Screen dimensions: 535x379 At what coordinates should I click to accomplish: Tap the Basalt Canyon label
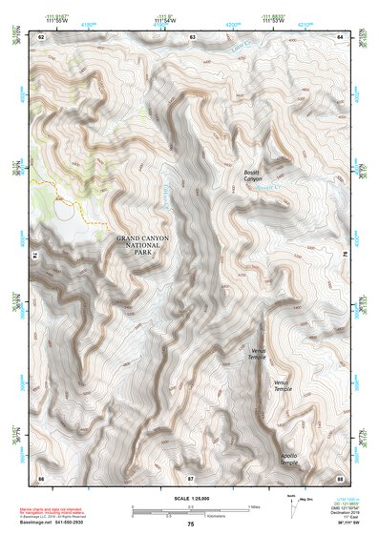pyautogui.click(x=252, y=175)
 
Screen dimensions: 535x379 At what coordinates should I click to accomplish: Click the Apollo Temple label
pyautogui.click(x=288, y=459)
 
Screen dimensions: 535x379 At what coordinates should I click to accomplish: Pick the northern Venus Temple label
pyautogui.click(x=258, y=354)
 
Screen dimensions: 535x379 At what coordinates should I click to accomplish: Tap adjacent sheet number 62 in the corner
pyautogui.click(x=41, y=36)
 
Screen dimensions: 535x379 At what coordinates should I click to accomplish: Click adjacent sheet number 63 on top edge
pyautogui.click(x=192, y=36)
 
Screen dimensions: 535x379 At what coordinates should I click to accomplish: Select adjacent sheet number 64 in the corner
pyautogui.click(x=340, y=36)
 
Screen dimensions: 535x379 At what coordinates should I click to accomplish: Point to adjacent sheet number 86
pyautogui.click(x=41, y=476)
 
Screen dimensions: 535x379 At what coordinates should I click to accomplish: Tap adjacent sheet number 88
pyautogui.click(x=340, y=476)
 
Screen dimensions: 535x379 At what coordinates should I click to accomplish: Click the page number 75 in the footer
pyautogui.click(x=191, y=525)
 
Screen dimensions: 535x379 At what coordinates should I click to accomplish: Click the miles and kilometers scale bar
pyautogui.click(x=191, y=508)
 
